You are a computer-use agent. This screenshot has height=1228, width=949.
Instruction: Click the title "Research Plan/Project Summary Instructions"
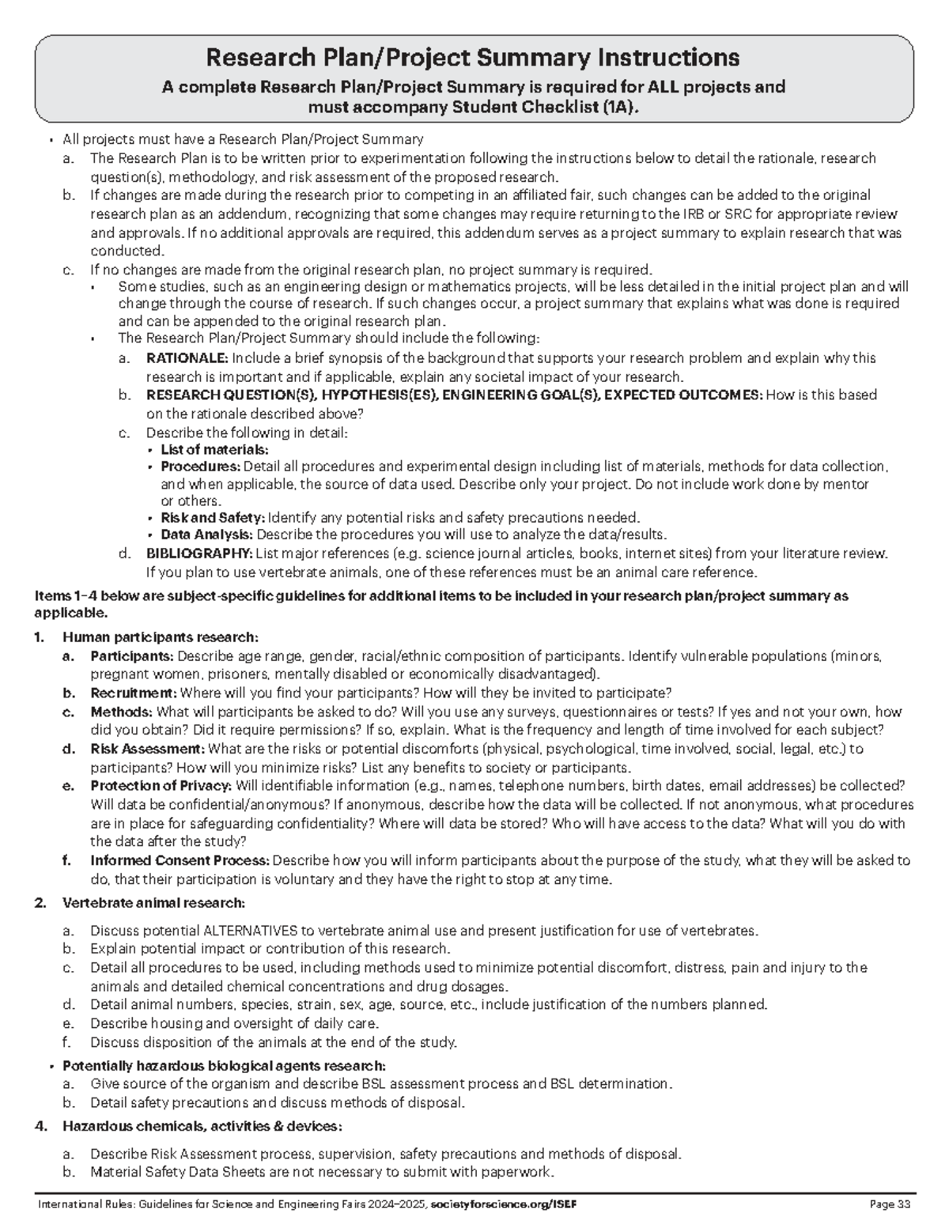pyautogui.click(x=473, y=58)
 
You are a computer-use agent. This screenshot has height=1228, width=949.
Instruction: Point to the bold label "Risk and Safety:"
pyautogui.click(x=213, y=518)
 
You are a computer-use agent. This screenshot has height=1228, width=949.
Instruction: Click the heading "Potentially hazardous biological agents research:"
pyautogui.click(x=225, y=1065)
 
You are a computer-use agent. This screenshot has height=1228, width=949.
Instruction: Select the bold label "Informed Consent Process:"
pyautogui.click(x=180, y=860)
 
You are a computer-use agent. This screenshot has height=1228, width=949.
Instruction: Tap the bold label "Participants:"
pyautogui.click(x=132, y=656)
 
